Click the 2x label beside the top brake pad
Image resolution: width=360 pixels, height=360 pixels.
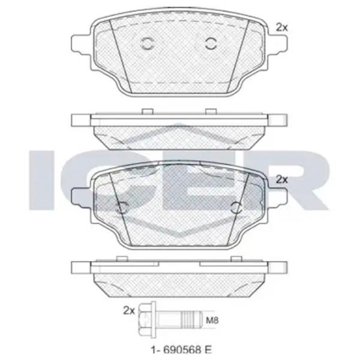point(281,28)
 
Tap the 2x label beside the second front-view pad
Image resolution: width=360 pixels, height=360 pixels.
point(281,179)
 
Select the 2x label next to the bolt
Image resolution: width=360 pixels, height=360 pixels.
point(129,310)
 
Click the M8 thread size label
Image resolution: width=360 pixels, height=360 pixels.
point(212,320)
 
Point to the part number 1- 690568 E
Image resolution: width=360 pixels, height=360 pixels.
point(181,350)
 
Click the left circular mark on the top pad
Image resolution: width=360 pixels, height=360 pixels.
point(147,43)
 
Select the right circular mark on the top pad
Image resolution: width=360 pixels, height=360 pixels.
point(211,43)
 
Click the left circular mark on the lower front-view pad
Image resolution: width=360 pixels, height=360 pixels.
point(122,208)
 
